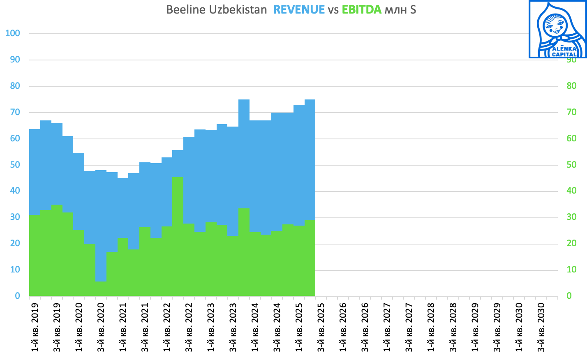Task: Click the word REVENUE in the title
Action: click(x=299, y=10)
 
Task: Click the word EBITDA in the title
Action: click(x=362, y=10)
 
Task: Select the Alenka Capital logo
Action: click(x=557, y=30)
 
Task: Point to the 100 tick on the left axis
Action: click(x=13, y=33)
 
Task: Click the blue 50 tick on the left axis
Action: click(x=15, y=165)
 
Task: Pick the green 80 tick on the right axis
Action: click(x=571, y=86)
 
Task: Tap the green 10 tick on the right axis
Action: click(x=571, y=270)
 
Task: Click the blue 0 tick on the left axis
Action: click(x=17, y=296)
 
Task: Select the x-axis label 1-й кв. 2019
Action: click(x=35, y=327)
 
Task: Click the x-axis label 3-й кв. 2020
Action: click(x=101, y=327)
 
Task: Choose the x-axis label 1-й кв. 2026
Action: click(x=343, y=327)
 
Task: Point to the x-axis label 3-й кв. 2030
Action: click(x=541, y=327)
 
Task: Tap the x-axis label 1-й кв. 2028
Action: click(x=431, y=327)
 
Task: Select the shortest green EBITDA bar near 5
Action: click(x=101, y=288)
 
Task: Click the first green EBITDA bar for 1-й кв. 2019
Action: click(x=35, y=255)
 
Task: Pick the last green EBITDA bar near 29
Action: click(x=310, y=258)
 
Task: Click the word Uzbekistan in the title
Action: click(x=238, y=10)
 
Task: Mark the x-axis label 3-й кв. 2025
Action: click(x=321, y=327)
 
